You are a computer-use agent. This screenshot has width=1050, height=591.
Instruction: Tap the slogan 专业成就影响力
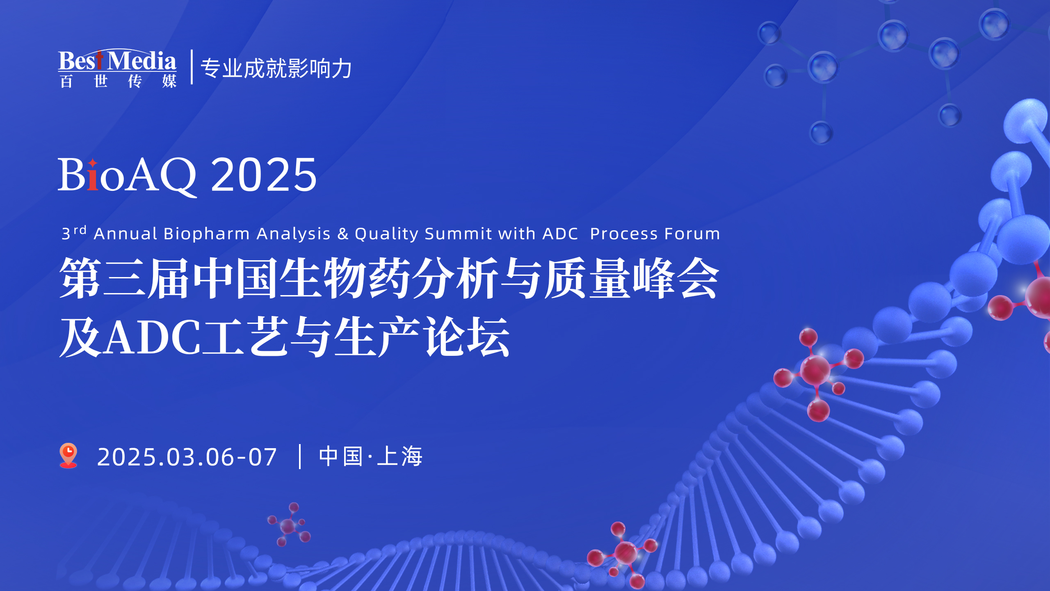(x=276, y=68)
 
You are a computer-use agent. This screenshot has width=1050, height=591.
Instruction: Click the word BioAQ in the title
(x=127, y=175)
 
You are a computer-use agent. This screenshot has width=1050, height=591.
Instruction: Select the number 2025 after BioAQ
(x=264, y=175)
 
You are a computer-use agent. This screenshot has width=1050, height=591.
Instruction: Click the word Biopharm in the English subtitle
(x=206, y=234)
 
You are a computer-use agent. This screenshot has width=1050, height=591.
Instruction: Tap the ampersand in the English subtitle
(x=343, y=234)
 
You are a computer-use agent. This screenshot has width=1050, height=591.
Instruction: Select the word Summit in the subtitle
(x=458, y=234)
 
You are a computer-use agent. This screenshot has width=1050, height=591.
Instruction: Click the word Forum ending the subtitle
(x=692, y=234)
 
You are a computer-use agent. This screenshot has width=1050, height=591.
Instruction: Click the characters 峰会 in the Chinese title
(x=676, y=278)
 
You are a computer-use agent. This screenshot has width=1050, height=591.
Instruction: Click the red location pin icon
(x=68, y=455)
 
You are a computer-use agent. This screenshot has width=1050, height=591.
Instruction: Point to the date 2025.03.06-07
(x=187, y=457)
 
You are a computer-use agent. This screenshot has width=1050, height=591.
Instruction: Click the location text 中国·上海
(x=370, y=456)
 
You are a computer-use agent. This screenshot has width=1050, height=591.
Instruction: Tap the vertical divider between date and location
(x=300, y=456)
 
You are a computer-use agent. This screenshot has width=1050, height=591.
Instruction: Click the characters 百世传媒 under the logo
(x=118, y=81)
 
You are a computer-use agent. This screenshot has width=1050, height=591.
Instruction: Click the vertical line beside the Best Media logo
(x=192, y=67)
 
